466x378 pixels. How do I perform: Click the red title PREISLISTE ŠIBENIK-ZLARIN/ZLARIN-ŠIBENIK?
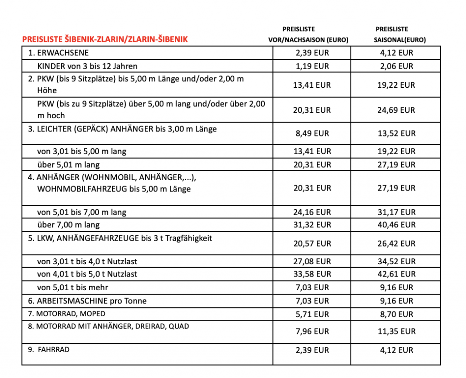pos(105,40)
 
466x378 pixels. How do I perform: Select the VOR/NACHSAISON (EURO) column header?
pos(308,40)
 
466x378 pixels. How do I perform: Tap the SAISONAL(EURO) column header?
pos(400,40)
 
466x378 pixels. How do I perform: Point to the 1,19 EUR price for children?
pos(312,66)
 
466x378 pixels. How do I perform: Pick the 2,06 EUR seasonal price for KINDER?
pos(396,66)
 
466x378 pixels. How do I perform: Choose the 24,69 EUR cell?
pos(396,110)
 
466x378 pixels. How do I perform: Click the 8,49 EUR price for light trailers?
pos(312,133)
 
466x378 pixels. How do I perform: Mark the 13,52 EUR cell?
pos(396,133)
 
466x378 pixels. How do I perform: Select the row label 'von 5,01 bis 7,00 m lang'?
pos(82,212)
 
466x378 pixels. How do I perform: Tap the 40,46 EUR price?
pos(396,225)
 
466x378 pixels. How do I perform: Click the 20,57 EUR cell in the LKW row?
pos(312,244)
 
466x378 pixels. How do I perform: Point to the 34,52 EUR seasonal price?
pos(396,262)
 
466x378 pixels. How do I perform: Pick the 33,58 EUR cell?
pos(312,274)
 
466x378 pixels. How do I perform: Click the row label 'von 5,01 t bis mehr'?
pos(73,287)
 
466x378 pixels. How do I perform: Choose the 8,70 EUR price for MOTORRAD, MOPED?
pos(396,314)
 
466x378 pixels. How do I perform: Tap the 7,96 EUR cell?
pos(312,331)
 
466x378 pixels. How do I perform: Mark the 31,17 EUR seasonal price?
pos(396,212)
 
